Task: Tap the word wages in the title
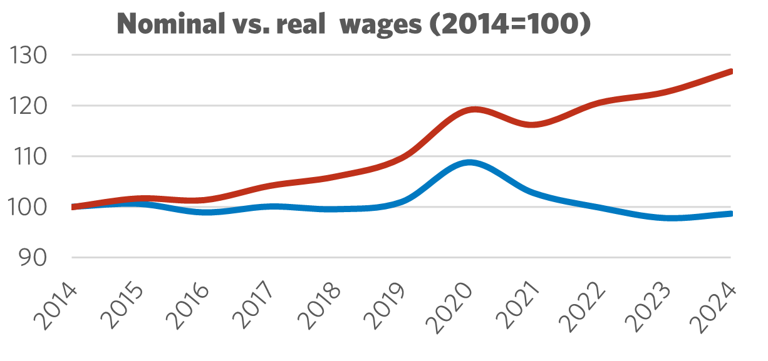387,26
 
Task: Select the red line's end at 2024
730,71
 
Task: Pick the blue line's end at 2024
730,214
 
